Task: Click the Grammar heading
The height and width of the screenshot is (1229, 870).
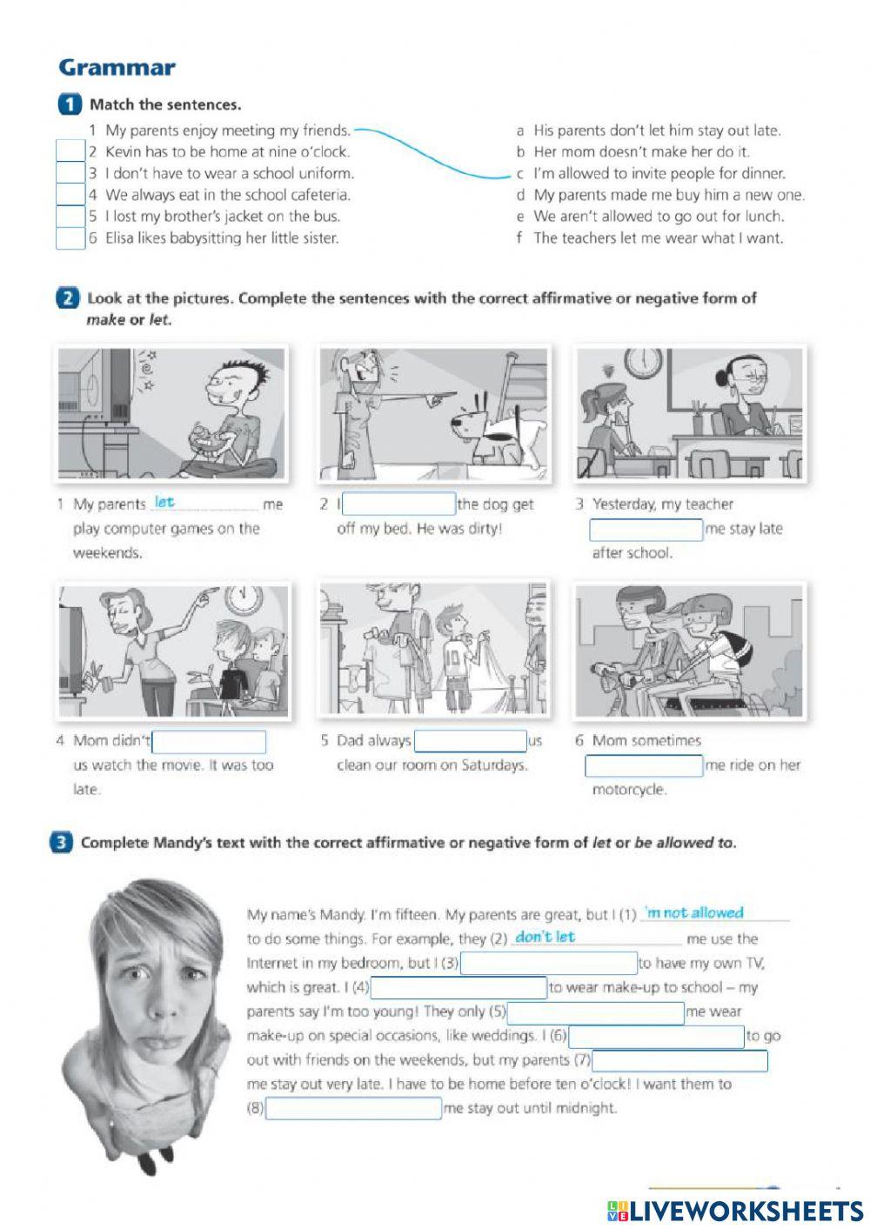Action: [117, 68]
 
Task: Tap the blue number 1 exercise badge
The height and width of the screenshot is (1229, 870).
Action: [70, 104]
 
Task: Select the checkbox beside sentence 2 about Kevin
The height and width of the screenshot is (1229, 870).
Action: [70, 151]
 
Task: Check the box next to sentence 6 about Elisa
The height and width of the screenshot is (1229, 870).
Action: [70, 238]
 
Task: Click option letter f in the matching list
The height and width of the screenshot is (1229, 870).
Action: [520, 238]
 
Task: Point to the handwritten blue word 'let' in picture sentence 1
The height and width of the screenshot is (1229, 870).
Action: [164, 502]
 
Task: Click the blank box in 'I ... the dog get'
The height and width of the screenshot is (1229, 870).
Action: [399, 504]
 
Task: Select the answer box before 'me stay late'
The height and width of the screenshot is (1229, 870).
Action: [646, 529]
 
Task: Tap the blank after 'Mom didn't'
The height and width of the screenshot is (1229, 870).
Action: [209, 742]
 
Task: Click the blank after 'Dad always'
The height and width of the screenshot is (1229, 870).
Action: [470, 741]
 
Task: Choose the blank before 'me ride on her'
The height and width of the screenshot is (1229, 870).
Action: [644, 765]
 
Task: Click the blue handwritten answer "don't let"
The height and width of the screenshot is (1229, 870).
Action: [545, 937]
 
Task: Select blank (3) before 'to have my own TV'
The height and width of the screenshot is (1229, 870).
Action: [548, 963]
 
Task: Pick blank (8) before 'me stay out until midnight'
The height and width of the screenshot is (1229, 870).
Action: [353, 1109]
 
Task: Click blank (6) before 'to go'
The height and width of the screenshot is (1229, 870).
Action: [656, 1037]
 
